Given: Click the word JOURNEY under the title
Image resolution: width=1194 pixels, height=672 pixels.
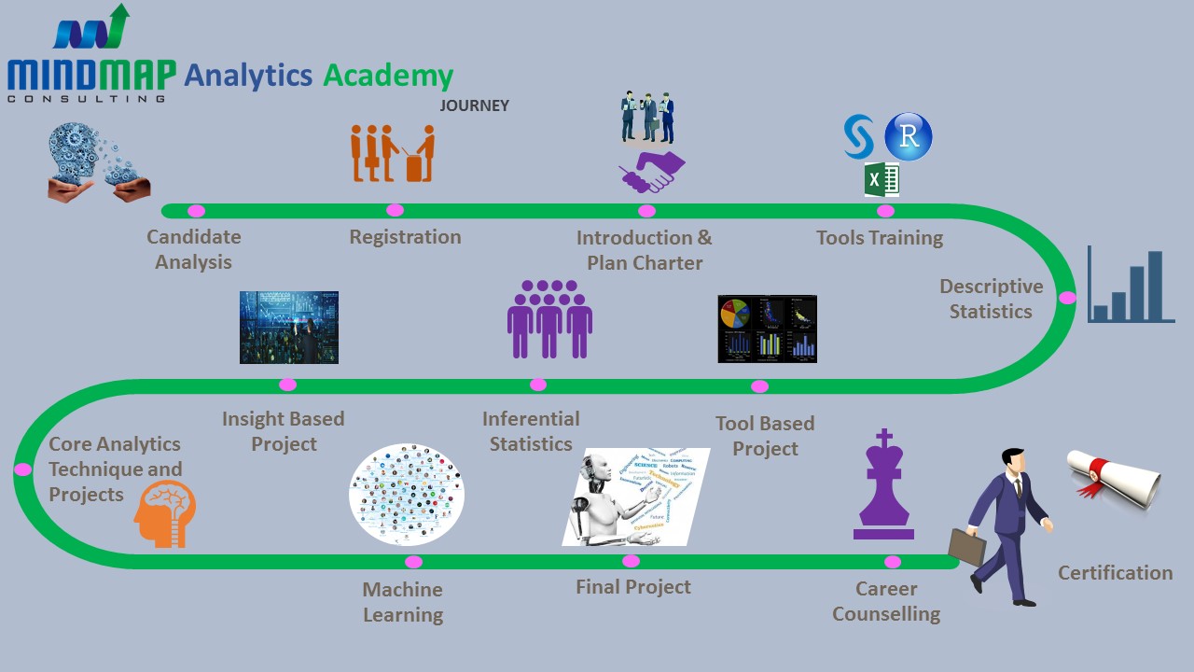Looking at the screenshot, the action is [x=475, y=105].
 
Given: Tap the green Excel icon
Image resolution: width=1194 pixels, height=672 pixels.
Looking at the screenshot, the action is [x=881, y=178].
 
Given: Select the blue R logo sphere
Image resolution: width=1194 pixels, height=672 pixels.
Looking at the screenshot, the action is [x=908, y=137].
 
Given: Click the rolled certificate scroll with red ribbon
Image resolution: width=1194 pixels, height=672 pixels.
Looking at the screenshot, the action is [x=1116, y=476].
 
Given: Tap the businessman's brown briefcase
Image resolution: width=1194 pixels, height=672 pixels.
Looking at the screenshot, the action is [x=966, y=547].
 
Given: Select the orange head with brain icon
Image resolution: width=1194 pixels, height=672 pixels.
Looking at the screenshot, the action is [x=166, y=512].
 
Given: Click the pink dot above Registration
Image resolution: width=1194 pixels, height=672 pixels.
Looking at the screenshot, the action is [x=395, y=210].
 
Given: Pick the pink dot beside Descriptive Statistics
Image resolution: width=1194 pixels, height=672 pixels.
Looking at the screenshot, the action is [x=1067, y=298].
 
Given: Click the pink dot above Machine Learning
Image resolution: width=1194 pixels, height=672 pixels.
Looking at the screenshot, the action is [x=413, y=562].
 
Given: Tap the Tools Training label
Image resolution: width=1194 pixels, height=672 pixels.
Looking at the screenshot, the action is [x=879, y=238].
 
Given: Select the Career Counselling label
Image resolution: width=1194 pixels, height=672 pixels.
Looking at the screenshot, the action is [x=886, y=601].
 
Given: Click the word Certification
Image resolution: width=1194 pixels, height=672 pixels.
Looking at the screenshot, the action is [x=1115, y=573].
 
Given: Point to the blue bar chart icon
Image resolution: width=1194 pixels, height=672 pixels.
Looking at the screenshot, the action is [x=1131, y=287].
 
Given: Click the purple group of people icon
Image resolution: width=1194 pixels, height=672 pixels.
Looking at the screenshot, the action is [x=549, y=319].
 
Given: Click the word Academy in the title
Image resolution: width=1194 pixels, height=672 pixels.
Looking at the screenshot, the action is [x=388, y=76].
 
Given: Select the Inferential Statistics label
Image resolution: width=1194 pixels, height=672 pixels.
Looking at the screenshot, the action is [x=531, y=431].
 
